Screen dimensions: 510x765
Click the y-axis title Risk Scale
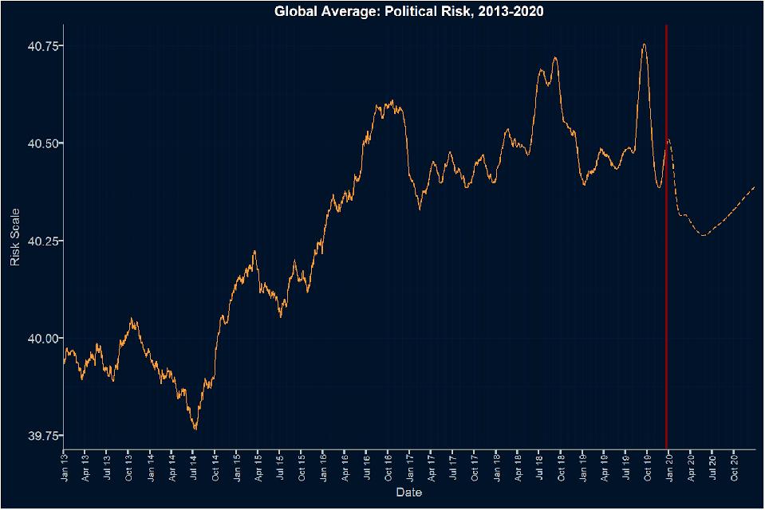14,237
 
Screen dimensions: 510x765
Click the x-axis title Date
409,493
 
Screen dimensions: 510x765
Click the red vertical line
666,239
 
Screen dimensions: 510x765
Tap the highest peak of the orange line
644,45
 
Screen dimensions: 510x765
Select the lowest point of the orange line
195,430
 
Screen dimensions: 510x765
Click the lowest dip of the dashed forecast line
703,235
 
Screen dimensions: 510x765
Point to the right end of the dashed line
754,186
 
